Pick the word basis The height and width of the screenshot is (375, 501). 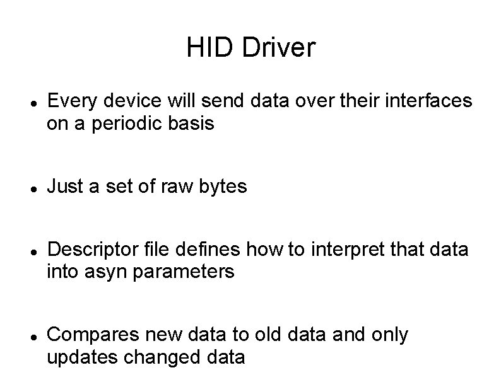pos(192,124)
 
